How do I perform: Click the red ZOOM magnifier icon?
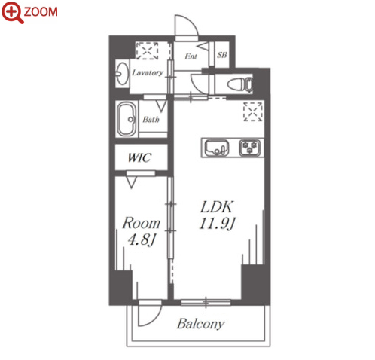click(x=13, y=12)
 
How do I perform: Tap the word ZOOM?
click(x=41, y=12)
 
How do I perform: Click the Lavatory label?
click(x=148, y=72)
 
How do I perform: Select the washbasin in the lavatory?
click(x=122, y=74)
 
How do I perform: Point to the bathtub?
click(x=127, y=119)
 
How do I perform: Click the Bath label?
click(x=151, y=119)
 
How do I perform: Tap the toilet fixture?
click(x=239, y=84)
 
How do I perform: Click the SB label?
click(x=222, y=55)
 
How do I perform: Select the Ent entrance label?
click(x=191, y=56)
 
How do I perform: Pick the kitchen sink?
click(x=217, y=148)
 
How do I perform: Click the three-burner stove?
click(x=249, y=148)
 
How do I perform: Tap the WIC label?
click(x=139, y=157)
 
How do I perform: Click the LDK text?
click(x=217, y=207)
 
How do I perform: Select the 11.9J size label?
click(x=218, y=223)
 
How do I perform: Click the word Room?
click(x=141, y=223)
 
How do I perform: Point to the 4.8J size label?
click(x=142, y=239)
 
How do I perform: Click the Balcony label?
click(x=200, y=324)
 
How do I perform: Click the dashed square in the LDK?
click(x=253, y=111)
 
